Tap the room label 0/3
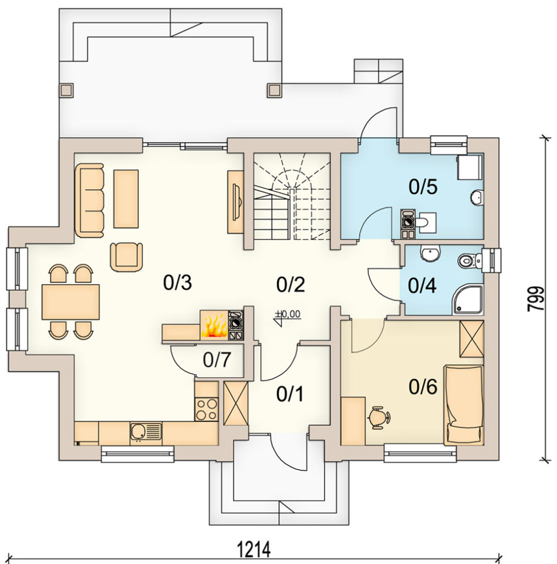(178, 283)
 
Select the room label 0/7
(217, 359)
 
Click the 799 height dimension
(536, 299)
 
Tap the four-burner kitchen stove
(206, 409)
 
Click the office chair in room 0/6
(379, 417)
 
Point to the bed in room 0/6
(464, 405)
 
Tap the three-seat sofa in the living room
(90, 200)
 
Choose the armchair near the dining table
(127, 257)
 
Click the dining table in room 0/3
(71, 302)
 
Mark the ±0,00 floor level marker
(287, 317)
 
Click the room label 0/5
(423, 187)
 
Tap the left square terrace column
(66, 90)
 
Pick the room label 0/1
(290, 394)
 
